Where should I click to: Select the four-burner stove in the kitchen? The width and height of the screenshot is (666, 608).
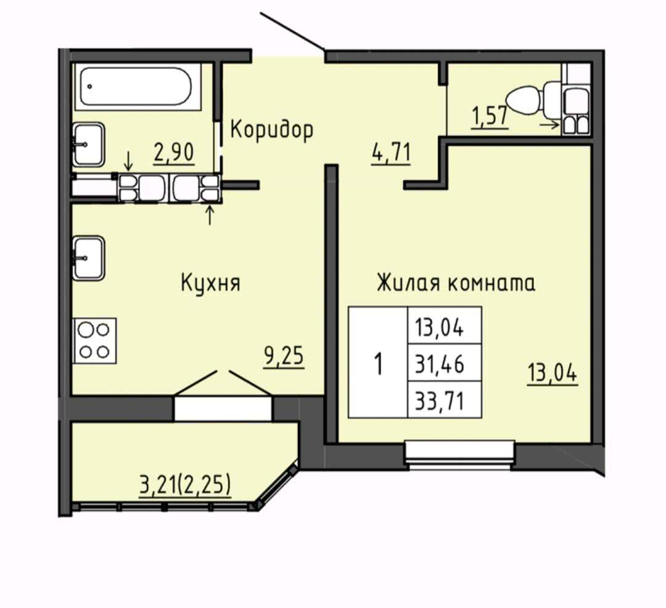click(x=95, y=340)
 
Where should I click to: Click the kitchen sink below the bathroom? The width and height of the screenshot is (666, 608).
click(x=88, y=258)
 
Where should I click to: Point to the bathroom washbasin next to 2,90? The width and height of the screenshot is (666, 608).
click(x=88, y=144)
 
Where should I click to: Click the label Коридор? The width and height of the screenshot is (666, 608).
click(x=272, y=129)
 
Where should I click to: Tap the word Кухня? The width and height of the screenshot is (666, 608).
click(x=211, y=283)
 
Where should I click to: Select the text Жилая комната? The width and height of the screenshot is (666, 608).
click(x=456, y=283)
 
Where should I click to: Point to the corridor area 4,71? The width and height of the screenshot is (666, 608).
click(x=391, y=153)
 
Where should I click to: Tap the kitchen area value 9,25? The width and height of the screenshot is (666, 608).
click(x=284, y=356)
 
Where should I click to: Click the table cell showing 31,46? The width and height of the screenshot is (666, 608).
click(x=444, y=363)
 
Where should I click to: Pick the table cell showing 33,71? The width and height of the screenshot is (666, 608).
click(x=444, y=400)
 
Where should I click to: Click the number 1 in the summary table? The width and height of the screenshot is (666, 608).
click(x=378, y=363)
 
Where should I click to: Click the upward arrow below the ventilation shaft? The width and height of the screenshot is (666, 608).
click(x=210, y=215)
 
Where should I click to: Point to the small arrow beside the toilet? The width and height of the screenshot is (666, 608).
click(x=549, y=125)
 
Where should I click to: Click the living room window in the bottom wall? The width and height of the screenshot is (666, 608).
click(x=459, y=454)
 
